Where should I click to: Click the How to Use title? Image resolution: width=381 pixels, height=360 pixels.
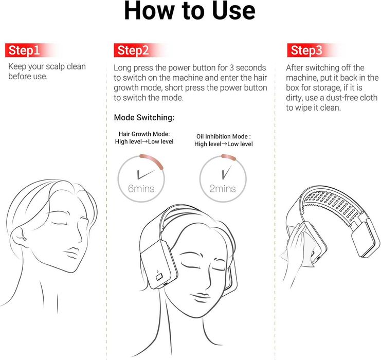pyautogui.click(x=190, y=10)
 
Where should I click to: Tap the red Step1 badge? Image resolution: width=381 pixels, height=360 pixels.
pyautogui.click(x=24, y=50)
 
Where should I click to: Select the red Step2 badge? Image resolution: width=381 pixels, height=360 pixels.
pyautogui.click(x=133, y=50)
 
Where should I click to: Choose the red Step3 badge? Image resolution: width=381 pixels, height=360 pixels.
pyautogui.click(x=306, y=50)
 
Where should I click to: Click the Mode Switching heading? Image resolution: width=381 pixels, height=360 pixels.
pyautogui.click(x=144, y=117)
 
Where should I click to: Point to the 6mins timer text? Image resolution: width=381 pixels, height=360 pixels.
pyautogui.click(x=141, y=189)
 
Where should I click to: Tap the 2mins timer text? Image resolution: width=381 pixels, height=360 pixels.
pyautogui.click(x=223, y=189)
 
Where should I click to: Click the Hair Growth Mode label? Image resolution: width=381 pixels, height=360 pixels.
pyautogui.click(x=144, y=134)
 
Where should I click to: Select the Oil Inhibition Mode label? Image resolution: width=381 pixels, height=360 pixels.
pyautogui.click(x=224, y=136)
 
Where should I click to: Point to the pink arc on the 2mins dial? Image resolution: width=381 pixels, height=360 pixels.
pyautogui.click(x=228, y=157)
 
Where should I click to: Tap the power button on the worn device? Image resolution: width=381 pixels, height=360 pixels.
pyautogui.click(x=159, y=277)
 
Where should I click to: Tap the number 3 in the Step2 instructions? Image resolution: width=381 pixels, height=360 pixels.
pyautogui.click(x=231, y=67)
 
